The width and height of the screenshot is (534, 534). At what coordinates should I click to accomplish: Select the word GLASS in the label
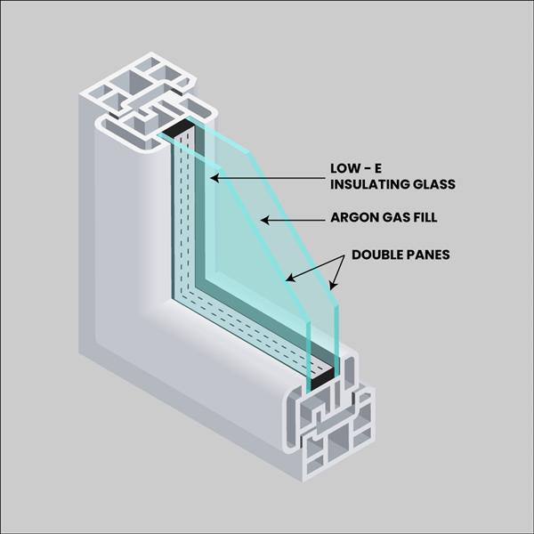tap(433, 184)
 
